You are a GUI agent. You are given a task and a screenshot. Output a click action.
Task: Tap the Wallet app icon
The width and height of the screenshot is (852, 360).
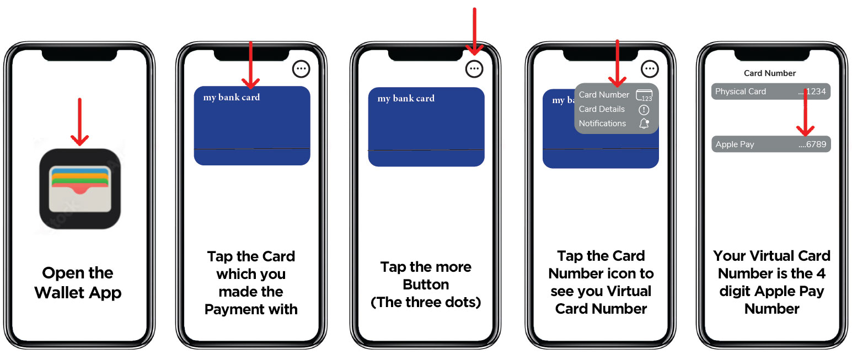coord(80,189)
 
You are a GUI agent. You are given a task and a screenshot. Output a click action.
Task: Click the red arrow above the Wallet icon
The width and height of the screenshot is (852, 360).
coord(79,122)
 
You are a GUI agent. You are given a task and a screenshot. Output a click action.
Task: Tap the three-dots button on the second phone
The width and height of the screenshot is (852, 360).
coord(301,69)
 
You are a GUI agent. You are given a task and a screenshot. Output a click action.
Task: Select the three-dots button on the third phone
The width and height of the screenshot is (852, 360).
coord(474,69)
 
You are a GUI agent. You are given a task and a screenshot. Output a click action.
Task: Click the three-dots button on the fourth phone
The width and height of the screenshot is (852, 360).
coord(650,69)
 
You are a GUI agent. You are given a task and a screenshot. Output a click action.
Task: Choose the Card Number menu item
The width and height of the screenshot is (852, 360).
coord(604,95)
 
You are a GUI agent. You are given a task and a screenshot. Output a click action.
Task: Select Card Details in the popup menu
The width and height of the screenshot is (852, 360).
coord(602,109)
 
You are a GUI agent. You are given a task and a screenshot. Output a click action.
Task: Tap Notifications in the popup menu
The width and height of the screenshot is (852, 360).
coord(602,123)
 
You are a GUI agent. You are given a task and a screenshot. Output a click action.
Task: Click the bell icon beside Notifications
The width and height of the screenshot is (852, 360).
coord(644,123)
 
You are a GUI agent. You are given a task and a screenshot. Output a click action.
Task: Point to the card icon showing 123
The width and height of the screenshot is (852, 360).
coord(644,95)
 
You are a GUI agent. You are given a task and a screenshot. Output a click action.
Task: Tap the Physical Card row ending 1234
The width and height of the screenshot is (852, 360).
coord(770,92)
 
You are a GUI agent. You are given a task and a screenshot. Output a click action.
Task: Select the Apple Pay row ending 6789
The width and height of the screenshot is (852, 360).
coord(771,144)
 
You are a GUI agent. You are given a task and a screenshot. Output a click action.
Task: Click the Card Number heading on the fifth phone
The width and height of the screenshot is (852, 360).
coord(770,73)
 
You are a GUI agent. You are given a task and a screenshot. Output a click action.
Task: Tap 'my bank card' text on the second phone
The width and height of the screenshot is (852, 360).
coord(231,98)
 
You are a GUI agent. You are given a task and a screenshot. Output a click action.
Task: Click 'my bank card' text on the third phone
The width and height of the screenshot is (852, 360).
coord(406,99)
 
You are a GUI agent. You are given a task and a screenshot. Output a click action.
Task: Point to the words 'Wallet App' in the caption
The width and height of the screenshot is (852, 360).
coord(78,293)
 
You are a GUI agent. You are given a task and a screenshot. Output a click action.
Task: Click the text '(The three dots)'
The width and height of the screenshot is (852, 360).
coord(426,302)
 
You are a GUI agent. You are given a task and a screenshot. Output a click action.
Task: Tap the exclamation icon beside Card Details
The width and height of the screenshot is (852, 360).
coord(644,110)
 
